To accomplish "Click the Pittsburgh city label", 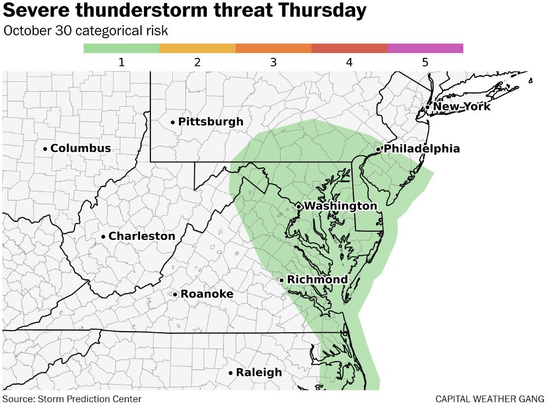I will (211, 122).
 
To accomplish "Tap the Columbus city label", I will (80, 149).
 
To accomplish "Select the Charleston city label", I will (142, 237).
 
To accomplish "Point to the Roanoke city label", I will (207, 295).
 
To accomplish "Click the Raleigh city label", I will (259, 373).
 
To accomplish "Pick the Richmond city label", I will (317, 280).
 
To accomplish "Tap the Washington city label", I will (340, 206).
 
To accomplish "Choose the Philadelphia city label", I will (422, 149).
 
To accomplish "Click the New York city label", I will (462, 107).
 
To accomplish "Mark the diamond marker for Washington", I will (299, 206).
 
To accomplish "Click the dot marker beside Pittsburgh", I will (173, 122).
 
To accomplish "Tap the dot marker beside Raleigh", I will (231, 373).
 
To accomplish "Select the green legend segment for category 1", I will (121, 49).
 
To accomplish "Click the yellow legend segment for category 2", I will (197, 49).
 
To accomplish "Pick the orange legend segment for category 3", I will (273, 49).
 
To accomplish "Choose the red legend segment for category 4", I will (349, 49).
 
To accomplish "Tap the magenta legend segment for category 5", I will (425, 49).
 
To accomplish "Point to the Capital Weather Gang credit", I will (490, 399).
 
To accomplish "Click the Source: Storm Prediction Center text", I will (72, 399).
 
